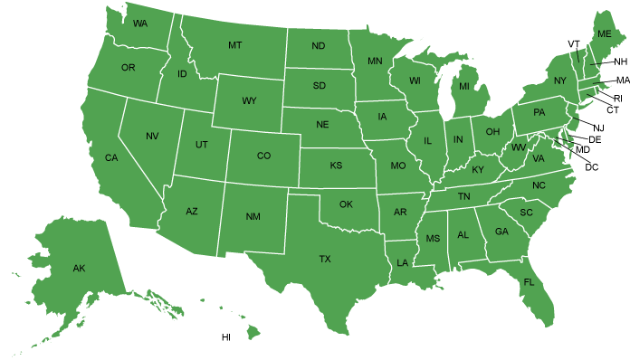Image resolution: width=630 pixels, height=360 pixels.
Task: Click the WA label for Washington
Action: coord(140,23)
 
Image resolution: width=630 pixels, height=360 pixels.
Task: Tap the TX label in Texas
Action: coord(325,259)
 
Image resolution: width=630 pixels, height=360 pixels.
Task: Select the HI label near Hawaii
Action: coord(226,337)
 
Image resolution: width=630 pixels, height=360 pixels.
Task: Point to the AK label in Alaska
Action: coord(79,269)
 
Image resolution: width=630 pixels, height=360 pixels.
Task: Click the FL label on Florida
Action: coord(529,282)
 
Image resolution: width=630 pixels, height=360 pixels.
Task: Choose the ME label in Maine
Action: coord(605,33)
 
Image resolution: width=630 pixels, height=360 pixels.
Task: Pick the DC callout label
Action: coord(592,167)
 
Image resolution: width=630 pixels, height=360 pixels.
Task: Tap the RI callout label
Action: coord(618,98)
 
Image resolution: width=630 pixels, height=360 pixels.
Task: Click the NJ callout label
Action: coord(599,128)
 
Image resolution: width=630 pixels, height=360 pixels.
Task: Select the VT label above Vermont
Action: coord(574,43)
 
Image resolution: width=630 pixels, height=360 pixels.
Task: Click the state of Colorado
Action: coord(263,156)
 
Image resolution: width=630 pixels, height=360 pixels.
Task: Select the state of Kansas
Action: coord(336,166)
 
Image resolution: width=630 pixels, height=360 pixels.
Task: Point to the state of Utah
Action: coord(201,146)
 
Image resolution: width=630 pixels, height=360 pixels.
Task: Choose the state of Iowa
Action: coord(382,117)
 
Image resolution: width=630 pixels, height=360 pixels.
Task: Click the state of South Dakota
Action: coord(319,86)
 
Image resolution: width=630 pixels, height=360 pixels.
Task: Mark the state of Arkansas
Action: coord(399,212)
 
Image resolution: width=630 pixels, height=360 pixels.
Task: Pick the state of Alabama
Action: coord(463,234)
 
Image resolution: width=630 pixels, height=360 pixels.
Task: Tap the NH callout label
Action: coord(620,62)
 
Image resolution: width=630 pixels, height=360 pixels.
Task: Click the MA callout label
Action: coord(623,81)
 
